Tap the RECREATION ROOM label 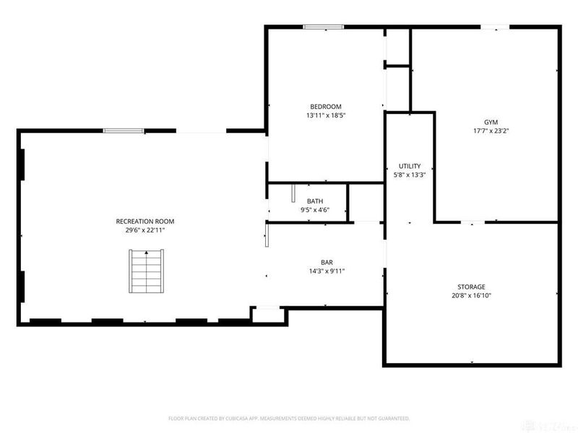click(145, 221)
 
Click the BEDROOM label click(326, 107)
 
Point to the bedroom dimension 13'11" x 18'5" click(326, 115)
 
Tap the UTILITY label click(410, 166)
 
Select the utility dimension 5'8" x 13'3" click(410, 175)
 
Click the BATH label click(315, 201)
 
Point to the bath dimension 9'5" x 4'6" click(315, 210)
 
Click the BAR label click(327, 263)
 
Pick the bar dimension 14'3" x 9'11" click(327, 271)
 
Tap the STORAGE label click(471, 287)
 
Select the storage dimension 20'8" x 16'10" click(471, 295)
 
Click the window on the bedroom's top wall click(323, 27)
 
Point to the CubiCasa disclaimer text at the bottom click(289, 418)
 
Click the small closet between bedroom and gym click(397, 48)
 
